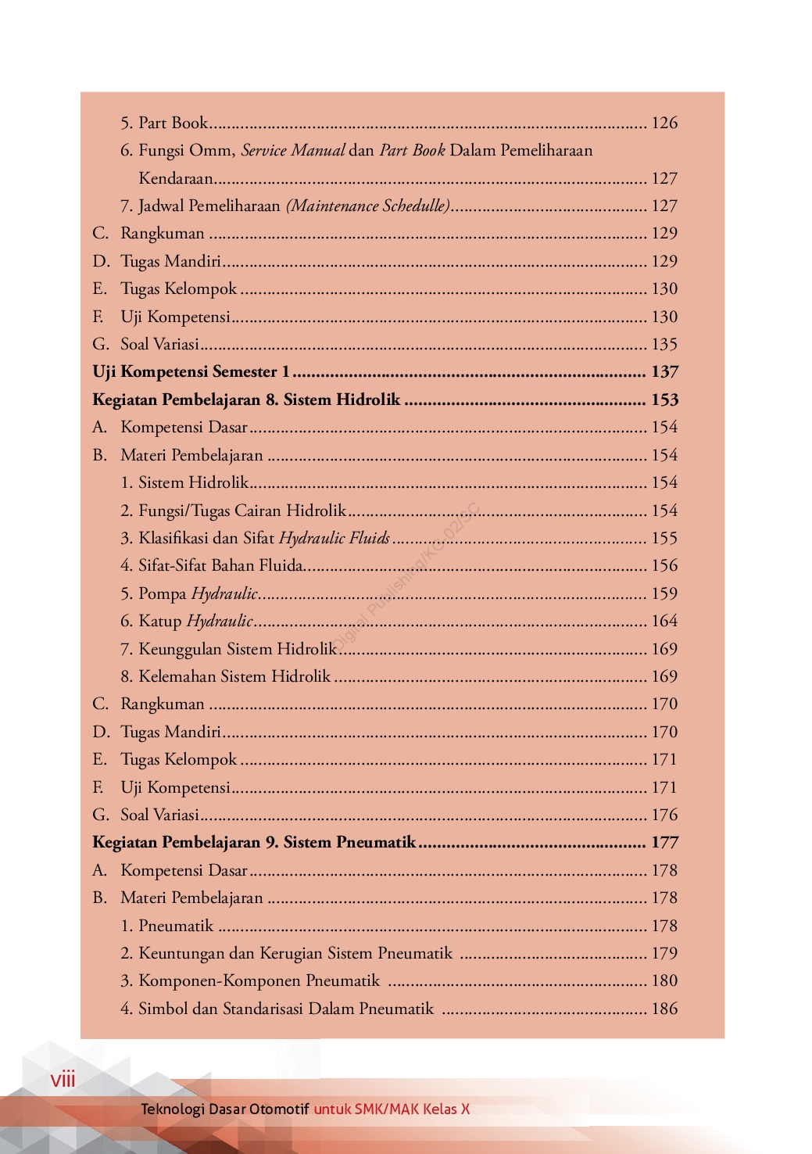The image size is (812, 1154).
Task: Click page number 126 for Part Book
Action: click(664, 123)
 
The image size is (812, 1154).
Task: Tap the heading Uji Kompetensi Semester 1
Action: click(191, 372)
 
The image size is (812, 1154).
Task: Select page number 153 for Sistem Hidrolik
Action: click(664, 400)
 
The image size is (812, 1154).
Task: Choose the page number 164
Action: click(664, 621)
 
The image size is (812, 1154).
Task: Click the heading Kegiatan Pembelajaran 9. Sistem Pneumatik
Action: click(254, 842)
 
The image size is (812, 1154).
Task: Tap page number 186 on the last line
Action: click(664, 1009)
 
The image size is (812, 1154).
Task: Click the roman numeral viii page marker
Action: click(63, 1080)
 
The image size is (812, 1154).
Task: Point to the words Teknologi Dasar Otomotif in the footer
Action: click(225, 1109)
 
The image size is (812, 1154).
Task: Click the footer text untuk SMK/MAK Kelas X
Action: click(392, 1109)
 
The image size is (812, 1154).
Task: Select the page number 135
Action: click(664, 344)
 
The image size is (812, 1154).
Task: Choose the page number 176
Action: click(664, 815)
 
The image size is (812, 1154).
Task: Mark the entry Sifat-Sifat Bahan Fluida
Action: click(220, 565)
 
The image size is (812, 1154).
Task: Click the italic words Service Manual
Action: click(293, 150)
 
